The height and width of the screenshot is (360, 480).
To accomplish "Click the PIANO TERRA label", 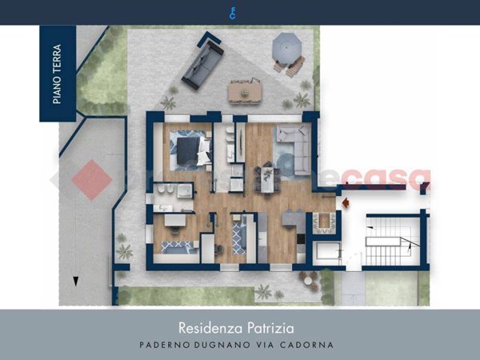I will click(58, 74).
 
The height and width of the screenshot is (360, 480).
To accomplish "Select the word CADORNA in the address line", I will click(313, 345).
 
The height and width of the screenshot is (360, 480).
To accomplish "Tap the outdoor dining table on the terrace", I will click(245, 92).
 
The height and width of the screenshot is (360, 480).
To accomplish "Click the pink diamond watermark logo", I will click(91, 180).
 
